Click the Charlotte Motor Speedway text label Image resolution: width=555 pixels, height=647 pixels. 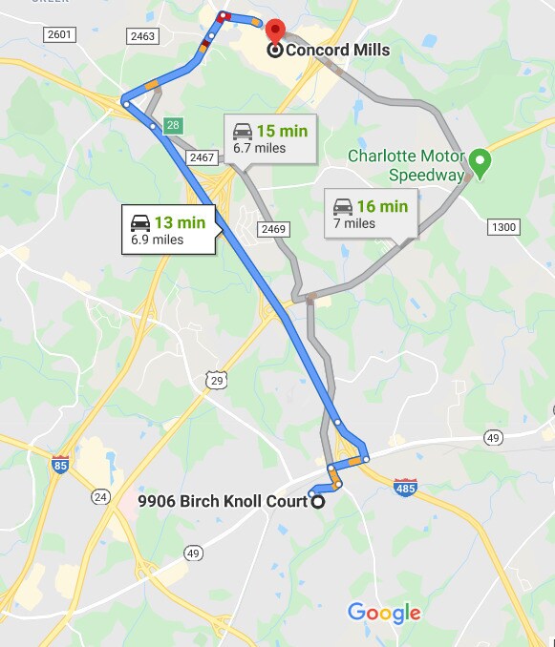pos(406,165)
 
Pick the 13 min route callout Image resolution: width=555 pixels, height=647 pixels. pos(169,230)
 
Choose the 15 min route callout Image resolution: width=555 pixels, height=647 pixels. pos(271,138)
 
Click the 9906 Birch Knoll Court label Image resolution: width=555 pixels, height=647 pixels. pos(223,501)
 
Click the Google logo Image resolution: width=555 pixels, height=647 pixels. pos(384,613)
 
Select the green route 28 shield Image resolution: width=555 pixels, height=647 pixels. pos(172,124)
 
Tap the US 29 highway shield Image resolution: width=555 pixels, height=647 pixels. pos(218,381)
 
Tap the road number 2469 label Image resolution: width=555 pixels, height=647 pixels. pos(274,229)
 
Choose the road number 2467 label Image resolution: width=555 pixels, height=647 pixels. pos(202,157)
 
